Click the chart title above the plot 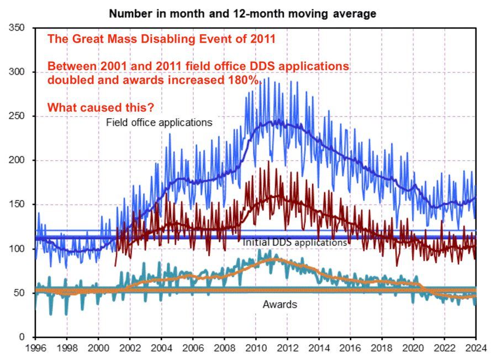coord(242,13)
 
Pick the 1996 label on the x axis coord(35,348)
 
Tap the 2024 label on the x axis coord(476,348)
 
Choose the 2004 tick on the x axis coord(161,348)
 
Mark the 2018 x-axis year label coord(382,348)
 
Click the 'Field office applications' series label coord(159,123)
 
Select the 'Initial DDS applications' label coord(294,242)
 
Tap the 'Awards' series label coord(279,304)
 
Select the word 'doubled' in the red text coord(69,80)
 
